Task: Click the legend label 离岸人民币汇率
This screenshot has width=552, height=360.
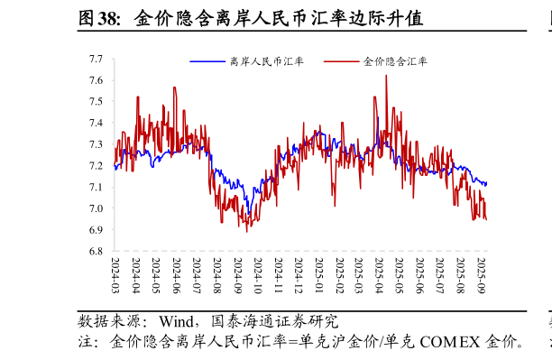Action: [267, 61]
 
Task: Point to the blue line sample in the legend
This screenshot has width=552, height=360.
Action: [207, 61]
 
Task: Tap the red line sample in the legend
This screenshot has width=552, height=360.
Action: [340, 61]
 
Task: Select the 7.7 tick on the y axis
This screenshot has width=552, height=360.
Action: [96, 60]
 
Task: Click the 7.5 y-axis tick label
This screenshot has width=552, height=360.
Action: [96, 102]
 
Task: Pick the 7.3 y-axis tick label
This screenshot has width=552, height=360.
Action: [96, 144]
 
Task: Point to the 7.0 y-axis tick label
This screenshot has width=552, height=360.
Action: [96, 208]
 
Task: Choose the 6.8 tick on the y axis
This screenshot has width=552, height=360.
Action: [96, 252]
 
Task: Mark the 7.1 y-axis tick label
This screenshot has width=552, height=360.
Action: [96, 188]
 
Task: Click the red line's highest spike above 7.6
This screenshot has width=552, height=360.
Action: [386, 77]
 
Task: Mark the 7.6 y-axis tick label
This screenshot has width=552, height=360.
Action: [96, 81]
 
